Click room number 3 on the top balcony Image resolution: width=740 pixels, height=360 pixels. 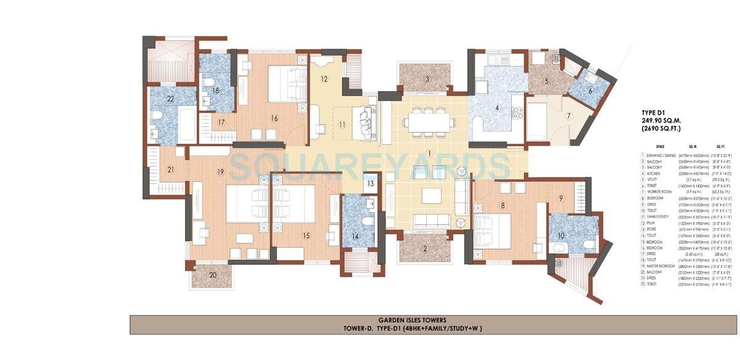click(x=427, y=79)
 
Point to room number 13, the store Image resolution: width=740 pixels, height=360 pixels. click(x=370, y=184)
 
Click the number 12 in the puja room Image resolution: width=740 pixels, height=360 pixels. click(x=324, y=79)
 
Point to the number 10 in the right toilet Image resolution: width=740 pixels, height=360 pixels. click(x=561, y=236)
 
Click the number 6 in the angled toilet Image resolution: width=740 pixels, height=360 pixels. click(x=590, y=90)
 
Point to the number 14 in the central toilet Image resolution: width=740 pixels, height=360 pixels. click(x=355, y=236)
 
